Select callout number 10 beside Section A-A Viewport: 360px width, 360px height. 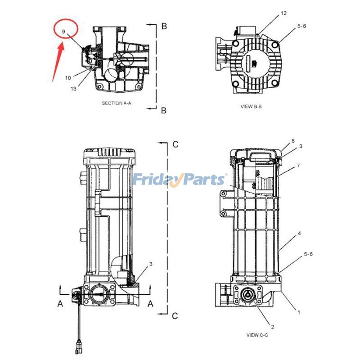point(67,78)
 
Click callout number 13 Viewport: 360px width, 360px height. point(73,89)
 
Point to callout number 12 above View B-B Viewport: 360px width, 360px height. point(283,13)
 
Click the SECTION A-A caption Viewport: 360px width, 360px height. point(117,103)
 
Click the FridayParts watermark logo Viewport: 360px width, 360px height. point(180,180)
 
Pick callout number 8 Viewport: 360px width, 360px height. point(293,141)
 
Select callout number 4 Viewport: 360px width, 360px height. point(298,234)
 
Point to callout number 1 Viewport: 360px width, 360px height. point(297,311)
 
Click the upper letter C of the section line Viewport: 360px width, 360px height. point(175,144)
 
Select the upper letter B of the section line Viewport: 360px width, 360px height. point(164,27)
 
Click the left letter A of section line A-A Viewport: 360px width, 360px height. point(60,304)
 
